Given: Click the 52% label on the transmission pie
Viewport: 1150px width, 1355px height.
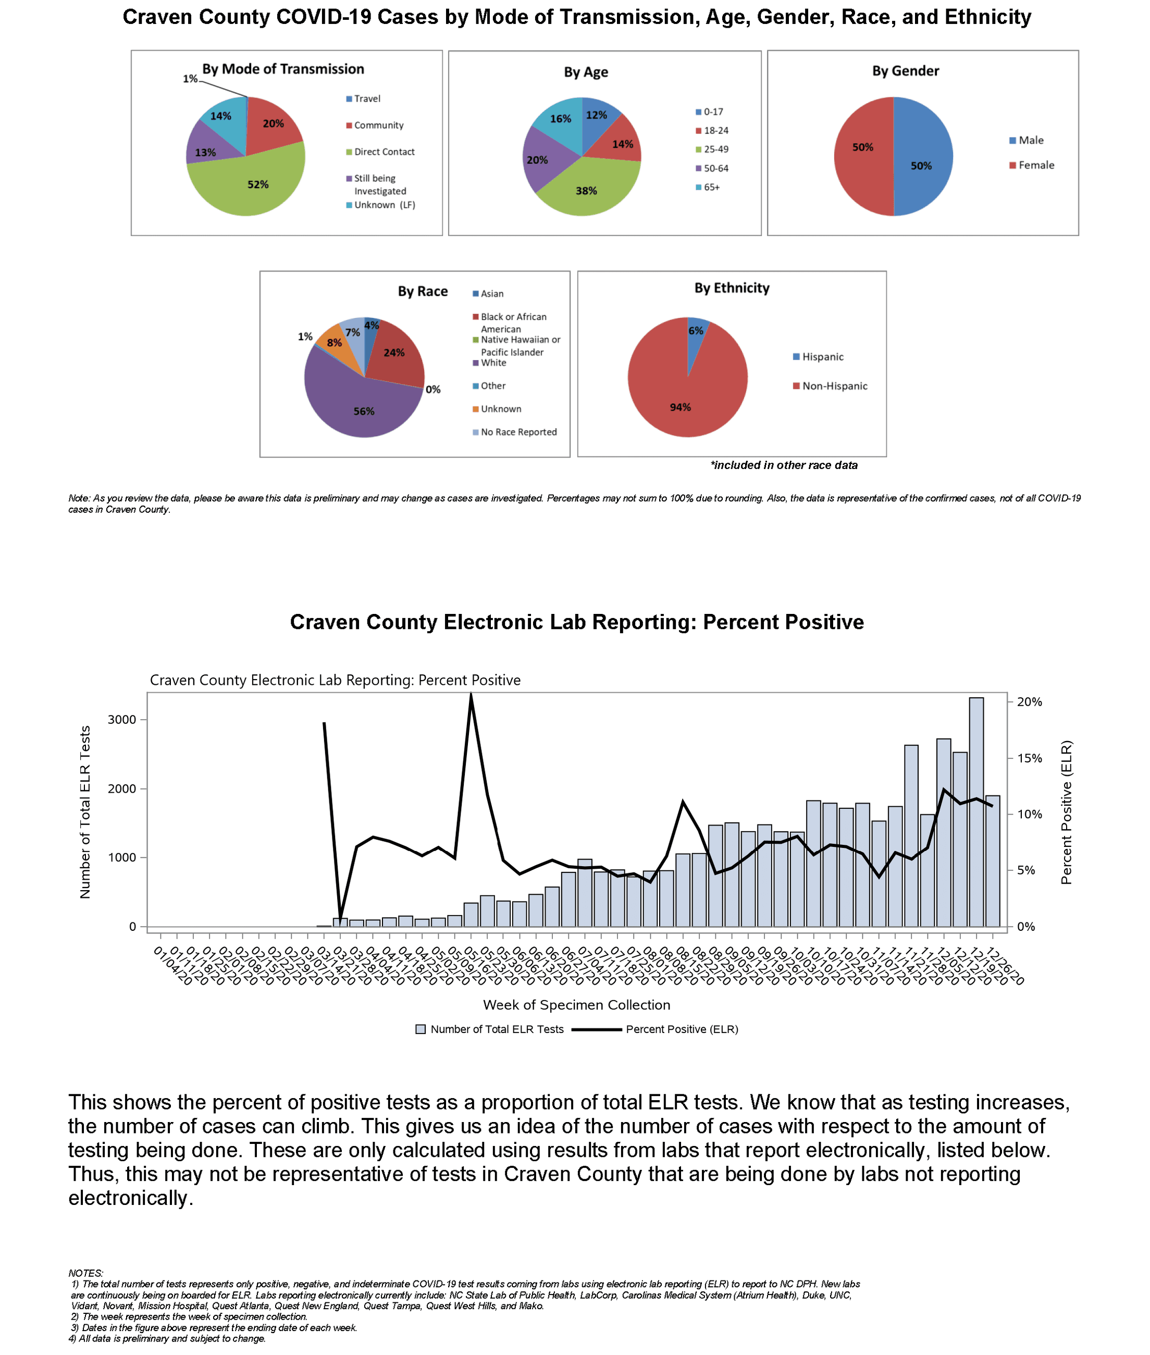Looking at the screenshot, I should (x=257, y=184).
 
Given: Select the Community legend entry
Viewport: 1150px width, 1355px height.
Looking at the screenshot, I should (x=378, y=125).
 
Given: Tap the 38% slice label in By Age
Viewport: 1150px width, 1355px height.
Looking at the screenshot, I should (x=586, y=191).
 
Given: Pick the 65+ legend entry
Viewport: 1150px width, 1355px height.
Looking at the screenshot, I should (x=711, y=187).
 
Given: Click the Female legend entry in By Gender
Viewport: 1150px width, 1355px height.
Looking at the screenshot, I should (x=1036, y=165).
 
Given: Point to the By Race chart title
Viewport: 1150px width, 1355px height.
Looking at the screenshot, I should (x=423, y=291).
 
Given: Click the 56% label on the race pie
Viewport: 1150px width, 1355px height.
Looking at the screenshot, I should (x=364, y=412).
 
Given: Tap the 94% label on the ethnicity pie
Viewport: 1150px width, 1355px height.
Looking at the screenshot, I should (x=680, y=407).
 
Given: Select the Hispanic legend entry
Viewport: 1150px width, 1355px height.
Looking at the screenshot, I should (x=822, y=356).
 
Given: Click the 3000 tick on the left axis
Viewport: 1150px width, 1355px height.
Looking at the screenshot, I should (x=122, y=719).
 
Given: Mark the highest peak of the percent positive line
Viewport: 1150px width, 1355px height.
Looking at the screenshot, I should (x=471, y=695).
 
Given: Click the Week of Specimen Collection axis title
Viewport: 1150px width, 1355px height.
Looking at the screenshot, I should (x=576, y=1005).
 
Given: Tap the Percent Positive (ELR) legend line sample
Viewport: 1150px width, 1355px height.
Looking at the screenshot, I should (x=596, y=1029).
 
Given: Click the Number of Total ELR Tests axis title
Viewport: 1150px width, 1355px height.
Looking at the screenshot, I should (x=85, y=812).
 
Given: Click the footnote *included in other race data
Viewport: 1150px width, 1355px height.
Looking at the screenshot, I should (x=784, y=465).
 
